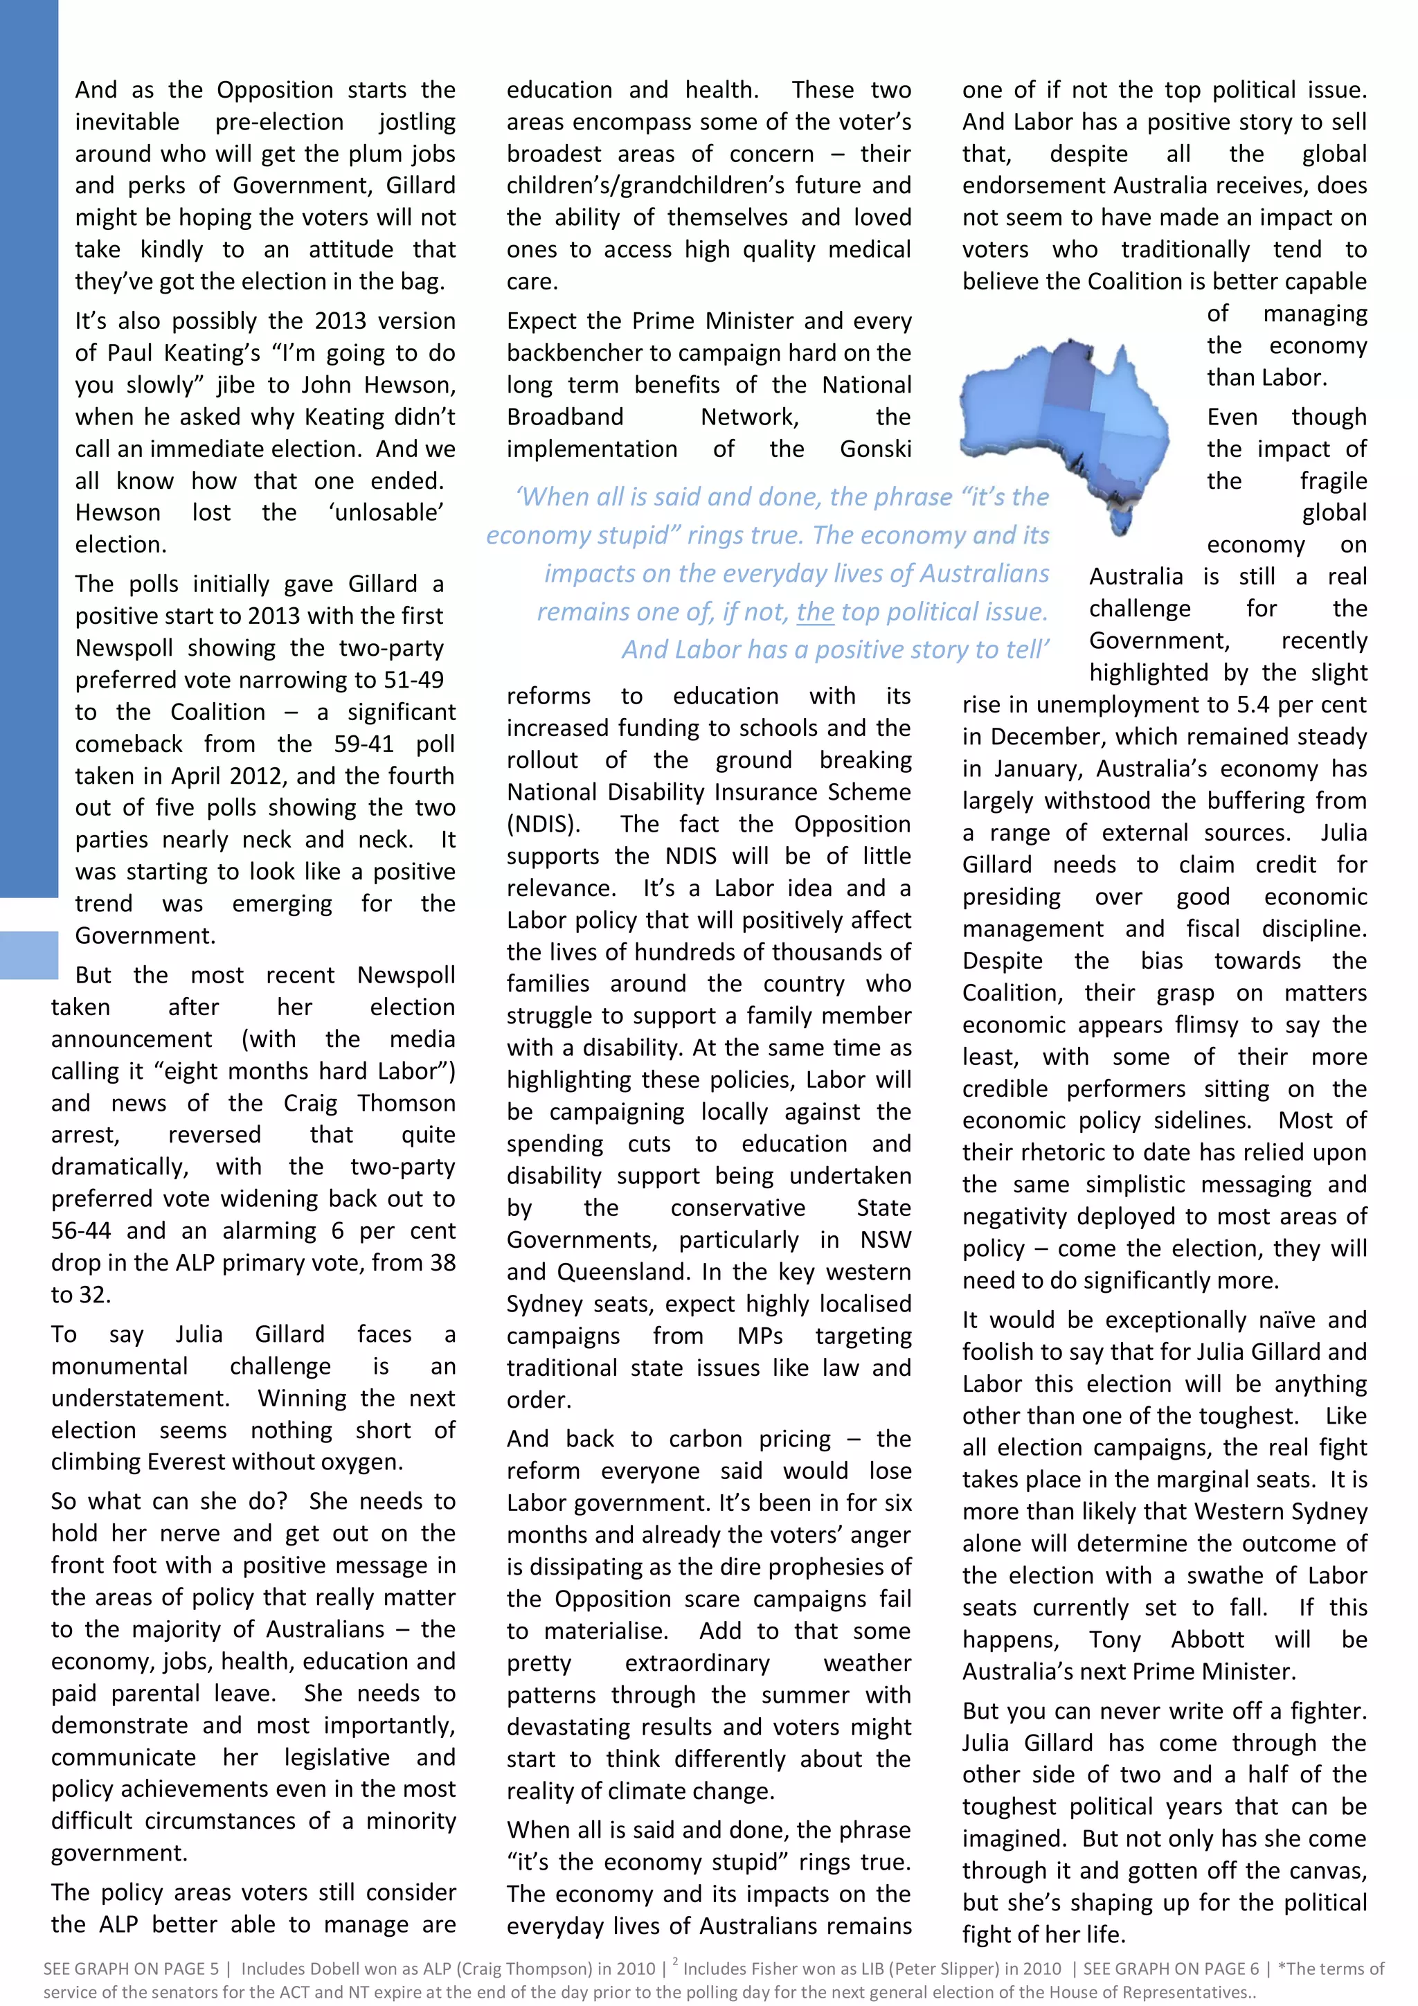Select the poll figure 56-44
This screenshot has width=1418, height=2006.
coord(80,1231)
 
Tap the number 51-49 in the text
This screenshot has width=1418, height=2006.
coord(413,680)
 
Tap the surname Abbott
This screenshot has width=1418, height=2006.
coord(1207,1640)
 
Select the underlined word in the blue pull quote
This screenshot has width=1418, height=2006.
coord(814,611)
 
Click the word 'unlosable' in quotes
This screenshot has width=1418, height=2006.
coord(386,513)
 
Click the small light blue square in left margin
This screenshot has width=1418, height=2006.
coord(29,954)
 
